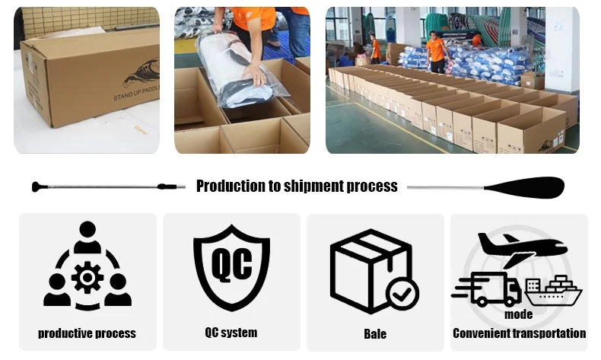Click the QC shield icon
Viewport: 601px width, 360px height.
point(231,267)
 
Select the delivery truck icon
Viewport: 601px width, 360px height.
point(487,289)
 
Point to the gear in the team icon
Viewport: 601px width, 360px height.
point(87,277)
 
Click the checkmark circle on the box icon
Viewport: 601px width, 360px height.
point(402,294)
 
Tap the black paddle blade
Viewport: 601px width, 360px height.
point(524,187)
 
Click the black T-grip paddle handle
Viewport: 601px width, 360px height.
point(39,186)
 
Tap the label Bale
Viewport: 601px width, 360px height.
point(375,333)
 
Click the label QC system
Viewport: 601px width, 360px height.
point(231,333)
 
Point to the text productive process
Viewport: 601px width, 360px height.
point(87,333)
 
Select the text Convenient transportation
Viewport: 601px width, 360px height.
point(520,333)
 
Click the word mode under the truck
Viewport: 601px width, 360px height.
point(519,314)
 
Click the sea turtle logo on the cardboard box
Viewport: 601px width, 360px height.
point(142,74)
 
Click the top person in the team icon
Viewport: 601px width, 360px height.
point(87,237)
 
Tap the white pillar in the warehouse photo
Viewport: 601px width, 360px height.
point(561,49)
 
